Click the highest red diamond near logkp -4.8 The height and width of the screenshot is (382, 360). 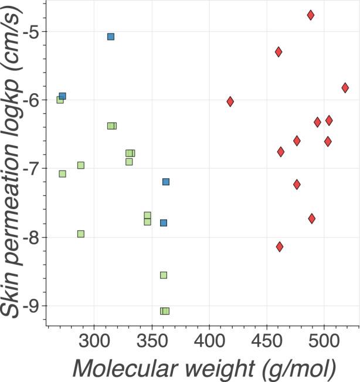311,15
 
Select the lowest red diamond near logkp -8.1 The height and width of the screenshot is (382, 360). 280,247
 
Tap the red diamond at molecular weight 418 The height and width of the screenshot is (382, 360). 230,101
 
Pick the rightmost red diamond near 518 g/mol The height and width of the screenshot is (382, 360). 345,87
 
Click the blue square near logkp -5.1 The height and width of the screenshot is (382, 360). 111,36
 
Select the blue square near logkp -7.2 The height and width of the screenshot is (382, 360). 166,182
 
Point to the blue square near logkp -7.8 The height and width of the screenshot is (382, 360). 164,223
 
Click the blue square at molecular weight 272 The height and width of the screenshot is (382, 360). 63,96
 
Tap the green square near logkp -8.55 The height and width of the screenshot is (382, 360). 164,275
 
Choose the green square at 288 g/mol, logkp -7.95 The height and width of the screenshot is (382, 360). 81,234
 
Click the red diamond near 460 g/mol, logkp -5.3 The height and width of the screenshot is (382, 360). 279,52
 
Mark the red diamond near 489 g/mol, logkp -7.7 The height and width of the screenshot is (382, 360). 312,218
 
